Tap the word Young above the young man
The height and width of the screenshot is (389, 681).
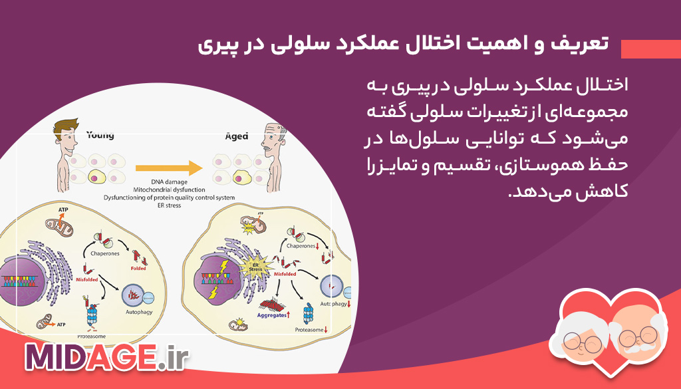pyautogui.click(x=100, y=136)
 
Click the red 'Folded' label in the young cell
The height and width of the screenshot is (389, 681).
pyautogui.click(x=138, y=269)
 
